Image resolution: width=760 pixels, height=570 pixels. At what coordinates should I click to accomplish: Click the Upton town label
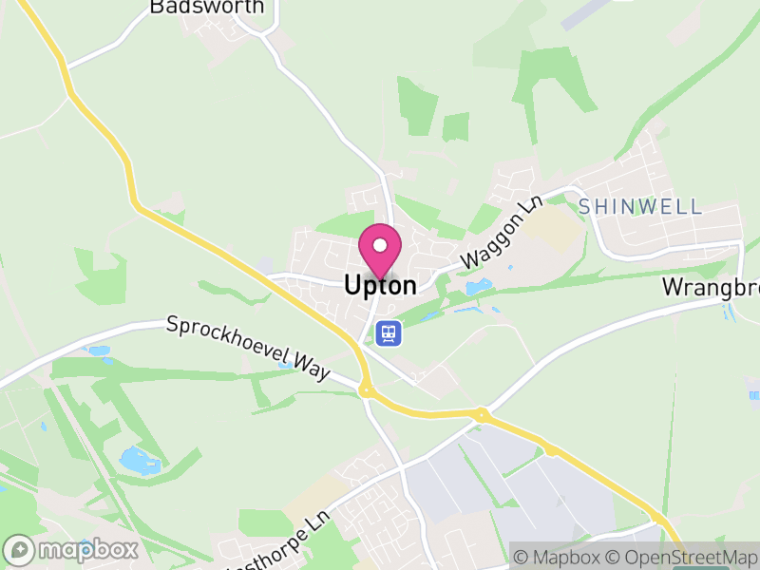pos(380,285)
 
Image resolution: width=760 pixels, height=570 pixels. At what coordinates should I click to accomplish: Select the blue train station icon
pos(388,333)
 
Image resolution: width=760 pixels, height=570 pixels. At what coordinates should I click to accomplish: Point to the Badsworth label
pos(206,8)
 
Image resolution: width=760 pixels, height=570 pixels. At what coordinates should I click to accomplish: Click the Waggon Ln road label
pos(494,234)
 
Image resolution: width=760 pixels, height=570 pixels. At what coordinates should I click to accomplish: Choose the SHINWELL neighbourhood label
pos(639,206)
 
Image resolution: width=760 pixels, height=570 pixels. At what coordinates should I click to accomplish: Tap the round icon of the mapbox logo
pos(20,550)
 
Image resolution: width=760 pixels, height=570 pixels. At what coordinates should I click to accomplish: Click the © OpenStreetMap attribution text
pos(678,557)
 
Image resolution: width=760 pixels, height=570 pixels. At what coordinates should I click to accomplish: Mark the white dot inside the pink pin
pos(380,245)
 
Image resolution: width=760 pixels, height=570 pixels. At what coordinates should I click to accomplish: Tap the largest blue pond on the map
pos(140,462)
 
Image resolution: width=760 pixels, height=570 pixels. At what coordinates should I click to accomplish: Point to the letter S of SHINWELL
pos(584,206)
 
